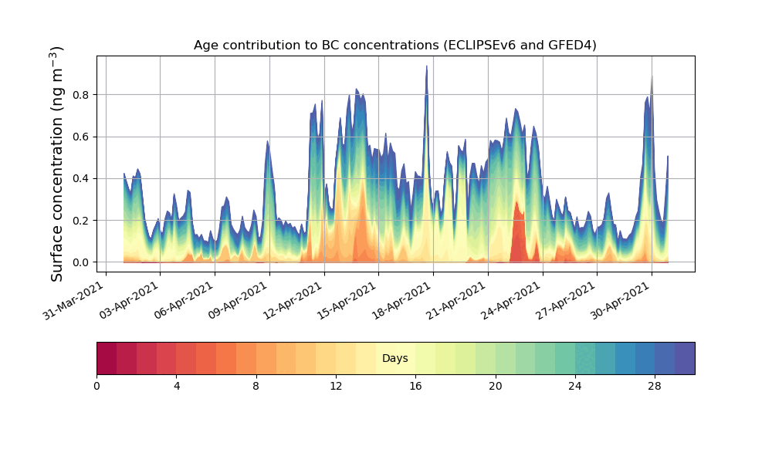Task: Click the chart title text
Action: (394, 46)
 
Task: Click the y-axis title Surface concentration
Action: (57, 164)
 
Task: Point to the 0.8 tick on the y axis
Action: (81, 95)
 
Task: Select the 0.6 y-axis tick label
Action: (81, 137)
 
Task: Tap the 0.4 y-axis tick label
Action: (81, 178)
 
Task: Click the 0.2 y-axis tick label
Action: (81, 221)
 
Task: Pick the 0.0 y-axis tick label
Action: (81, 262)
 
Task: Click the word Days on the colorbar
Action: (394, 359)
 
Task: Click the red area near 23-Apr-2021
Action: (518, 231)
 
